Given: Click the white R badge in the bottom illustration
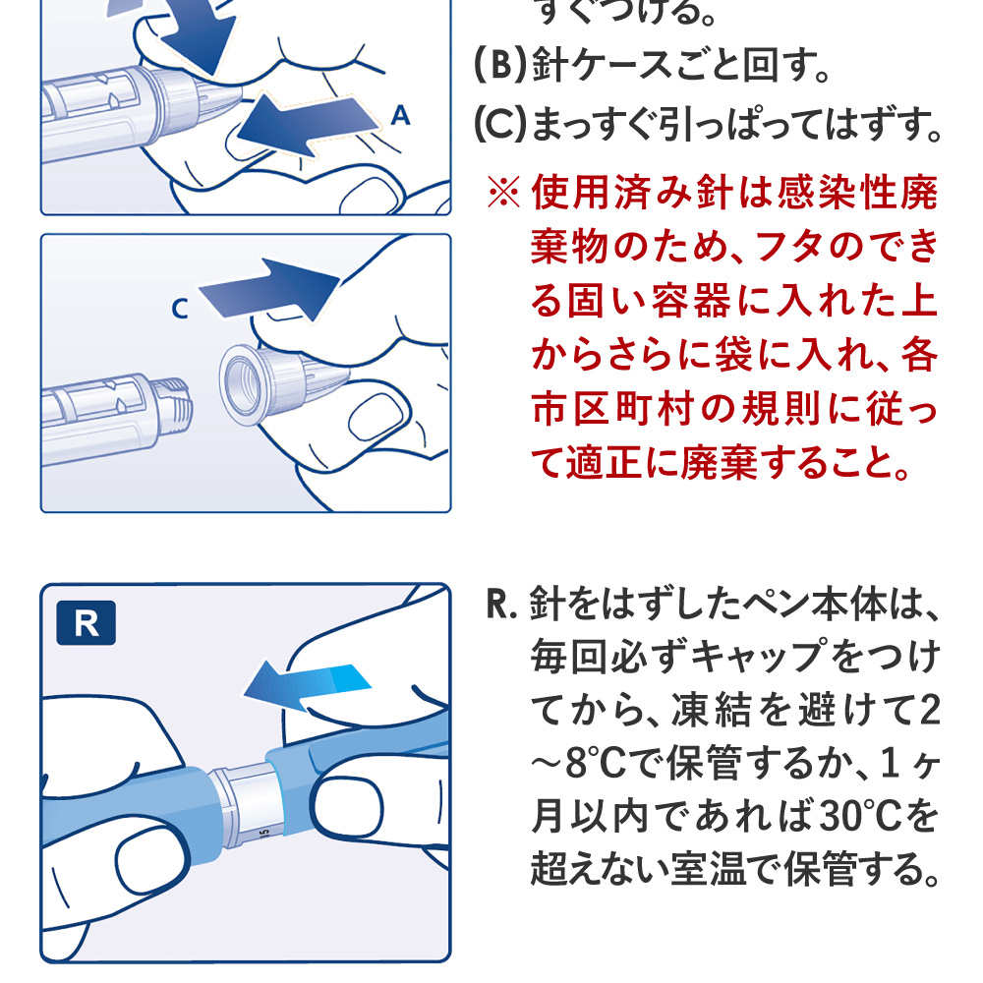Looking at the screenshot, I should [87, 624].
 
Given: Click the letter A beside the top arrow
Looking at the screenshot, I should [400, 116].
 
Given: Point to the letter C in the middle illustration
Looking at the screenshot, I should [179, 309].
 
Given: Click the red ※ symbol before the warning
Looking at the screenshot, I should [503, 192].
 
